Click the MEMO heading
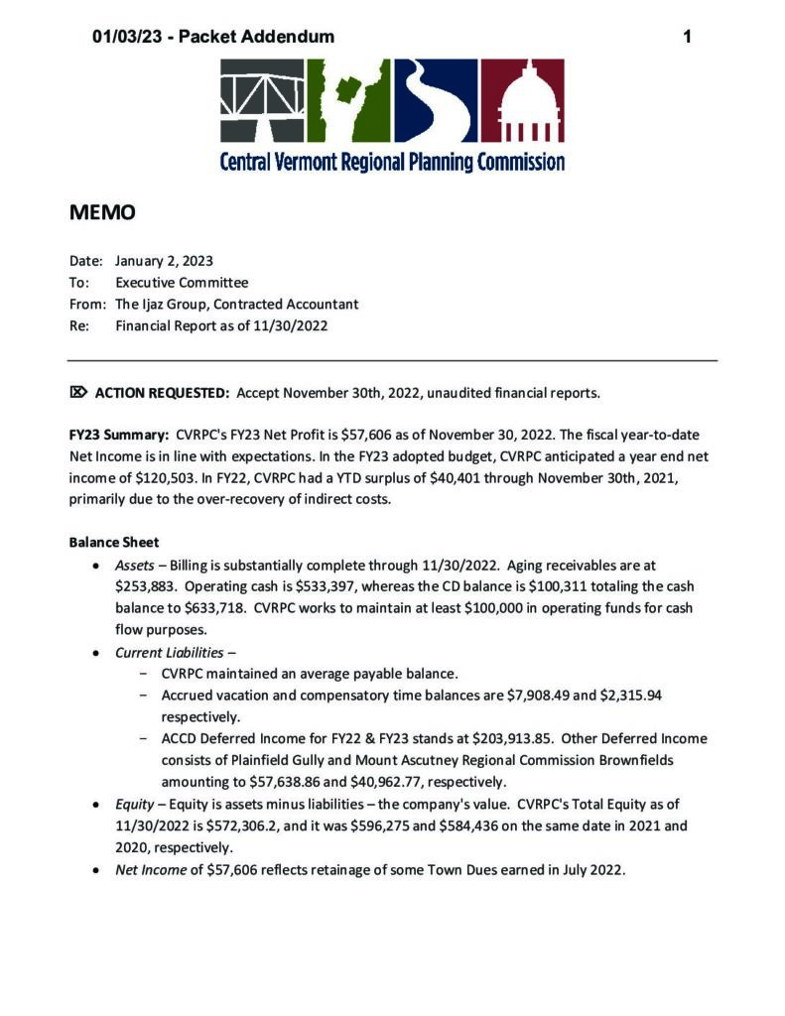point(101,212)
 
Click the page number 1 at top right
point(687,37)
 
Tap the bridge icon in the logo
point(262,100)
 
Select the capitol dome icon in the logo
point(523,100)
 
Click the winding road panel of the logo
point(436,100)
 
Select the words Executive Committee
point(182,283)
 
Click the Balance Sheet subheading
point(108,543)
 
